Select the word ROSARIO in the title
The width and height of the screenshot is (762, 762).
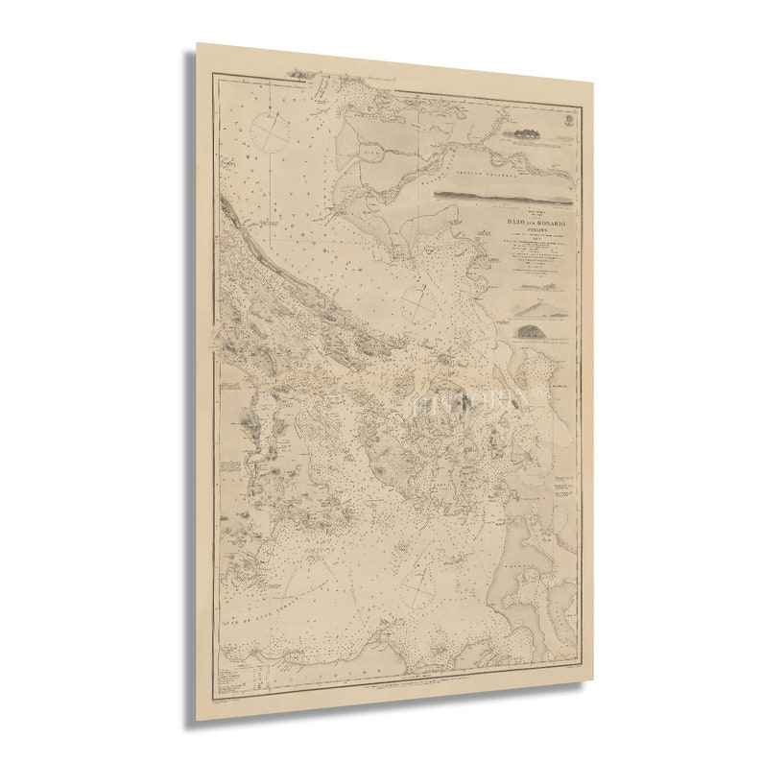click(x=544, y=223)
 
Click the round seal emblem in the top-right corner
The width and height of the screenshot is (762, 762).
click(x=568, y=121)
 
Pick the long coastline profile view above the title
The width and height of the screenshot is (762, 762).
click(x=503, y=195)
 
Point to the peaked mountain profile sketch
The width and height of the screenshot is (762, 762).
click(x=532, y=306)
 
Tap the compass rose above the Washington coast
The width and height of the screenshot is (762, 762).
click(x=420, y=584)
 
